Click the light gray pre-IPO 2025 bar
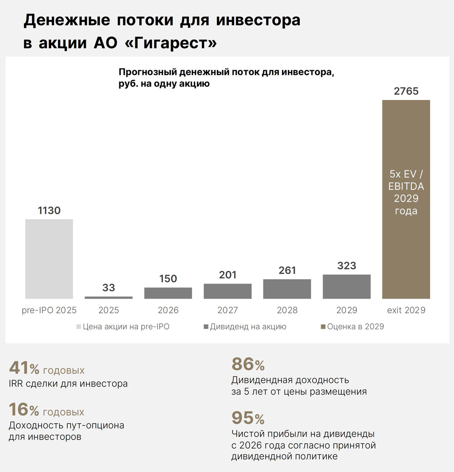[49, 259]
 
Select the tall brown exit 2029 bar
[406, 199]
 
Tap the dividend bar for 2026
[168, 293]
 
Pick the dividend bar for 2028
[287, 289]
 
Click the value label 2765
[406, 91]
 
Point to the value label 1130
[49, 210]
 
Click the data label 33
[108, 288]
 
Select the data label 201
[227, 275]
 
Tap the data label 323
[346, 266]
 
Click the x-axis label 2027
[227, 310]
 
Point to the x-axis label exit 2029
[406, 310]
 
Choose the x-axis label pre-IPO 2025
[49, 310]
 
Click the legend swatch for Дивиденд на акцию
[206, 327]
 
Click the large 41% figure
[24, 368]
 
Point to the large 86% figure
[248, 364]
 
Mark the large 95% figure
[248, 418]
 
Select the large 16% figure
[24, 410]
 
